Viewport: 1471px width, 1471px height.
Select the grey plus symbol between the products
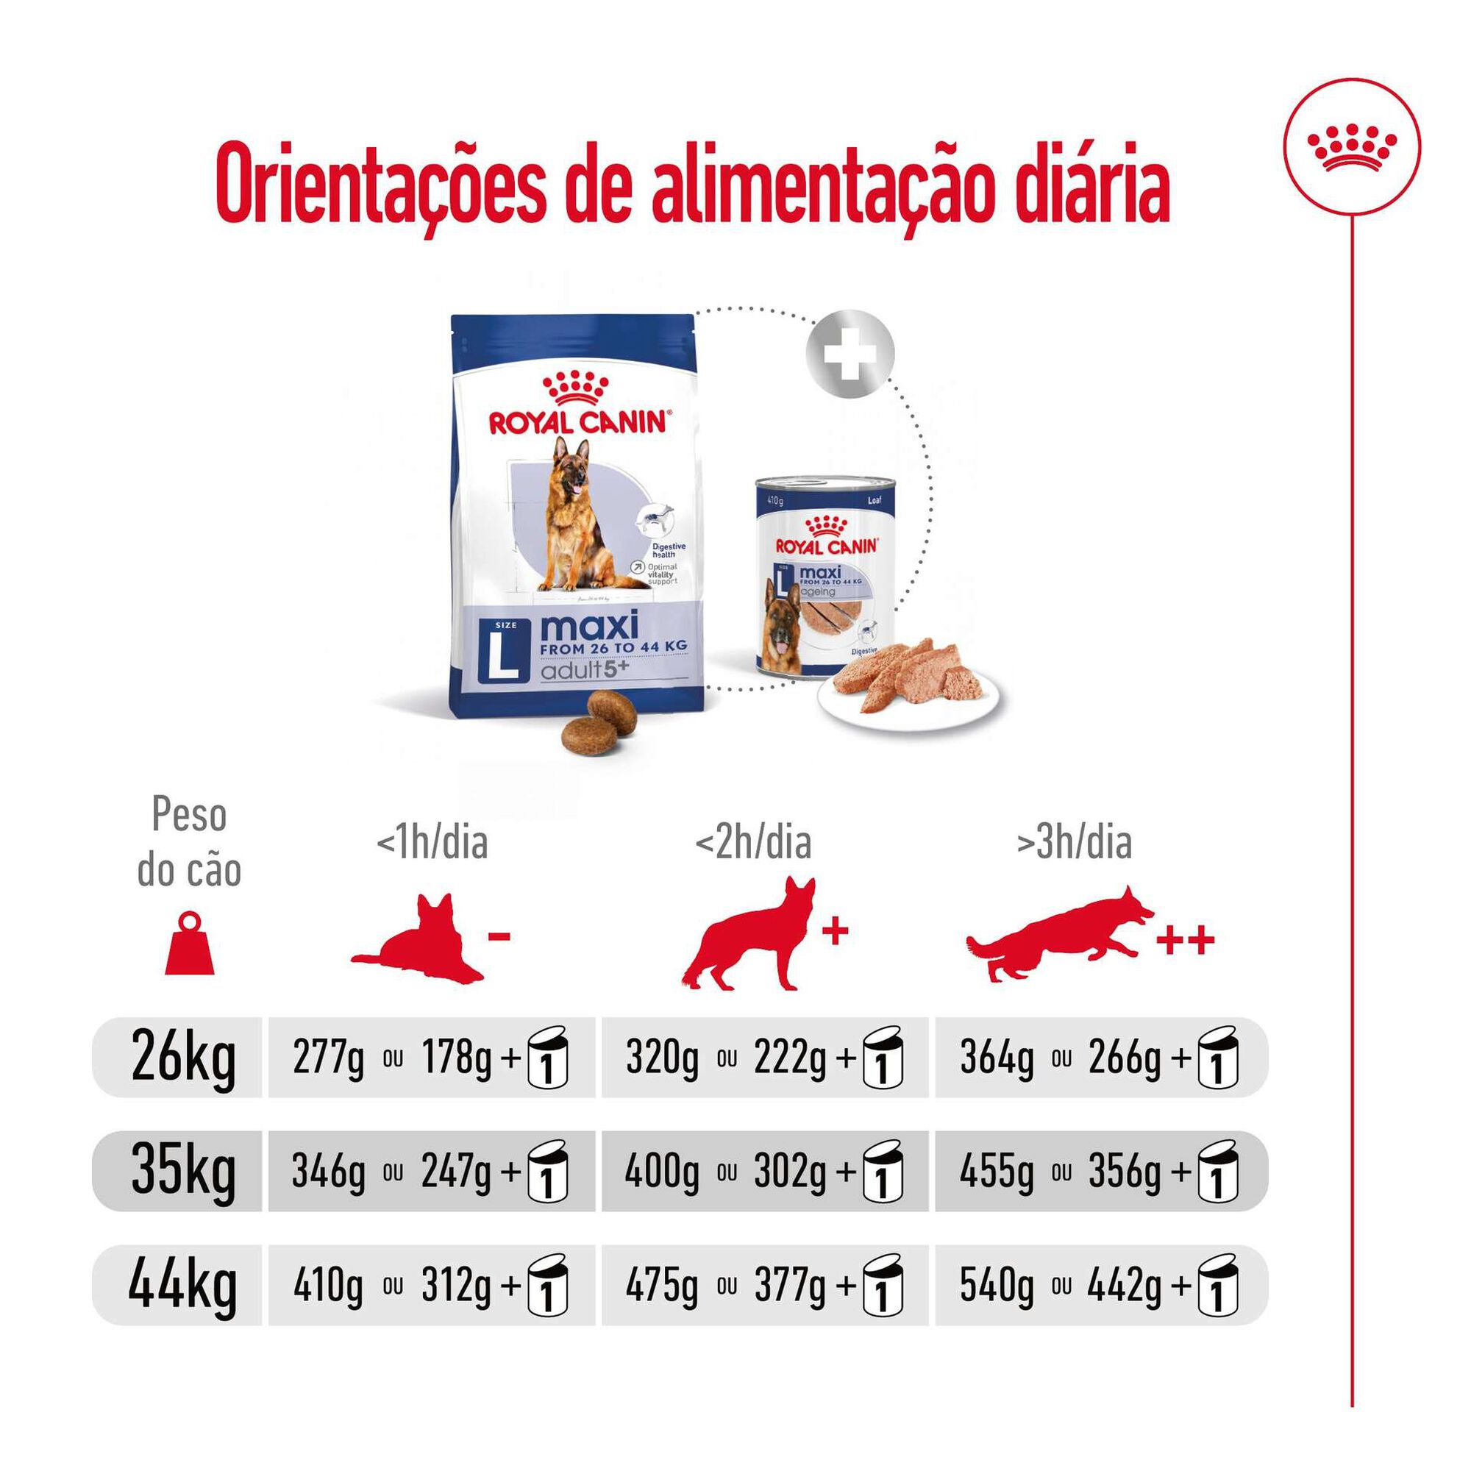(x=850, y=354)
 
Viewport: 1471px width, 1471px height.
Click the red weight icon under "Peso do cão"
(x=190, y=945)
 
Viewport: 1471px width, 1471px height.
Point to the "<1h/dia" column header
(x=432, y=844)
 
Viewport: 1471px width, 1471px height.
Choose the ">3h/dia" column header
(x=1075, y=844)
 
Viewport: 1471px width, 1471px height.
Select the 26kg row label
(x=183, y=1058)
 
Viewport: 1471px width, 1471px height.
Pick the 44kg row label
(x=182, y=1285)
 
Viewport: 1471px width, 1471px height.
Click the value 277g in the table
(x=328, y=1058)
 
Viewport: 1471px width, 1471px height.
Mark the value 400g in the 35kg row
(x=661, y=1172)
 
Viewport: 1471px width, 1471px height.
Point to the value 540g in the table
(x=996, y=1286)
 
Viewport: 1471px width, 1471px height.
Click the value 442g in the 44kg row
(x=1125, y=1286)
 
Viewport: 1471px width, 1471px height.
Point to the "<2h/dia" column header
(x=753, y=844)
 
